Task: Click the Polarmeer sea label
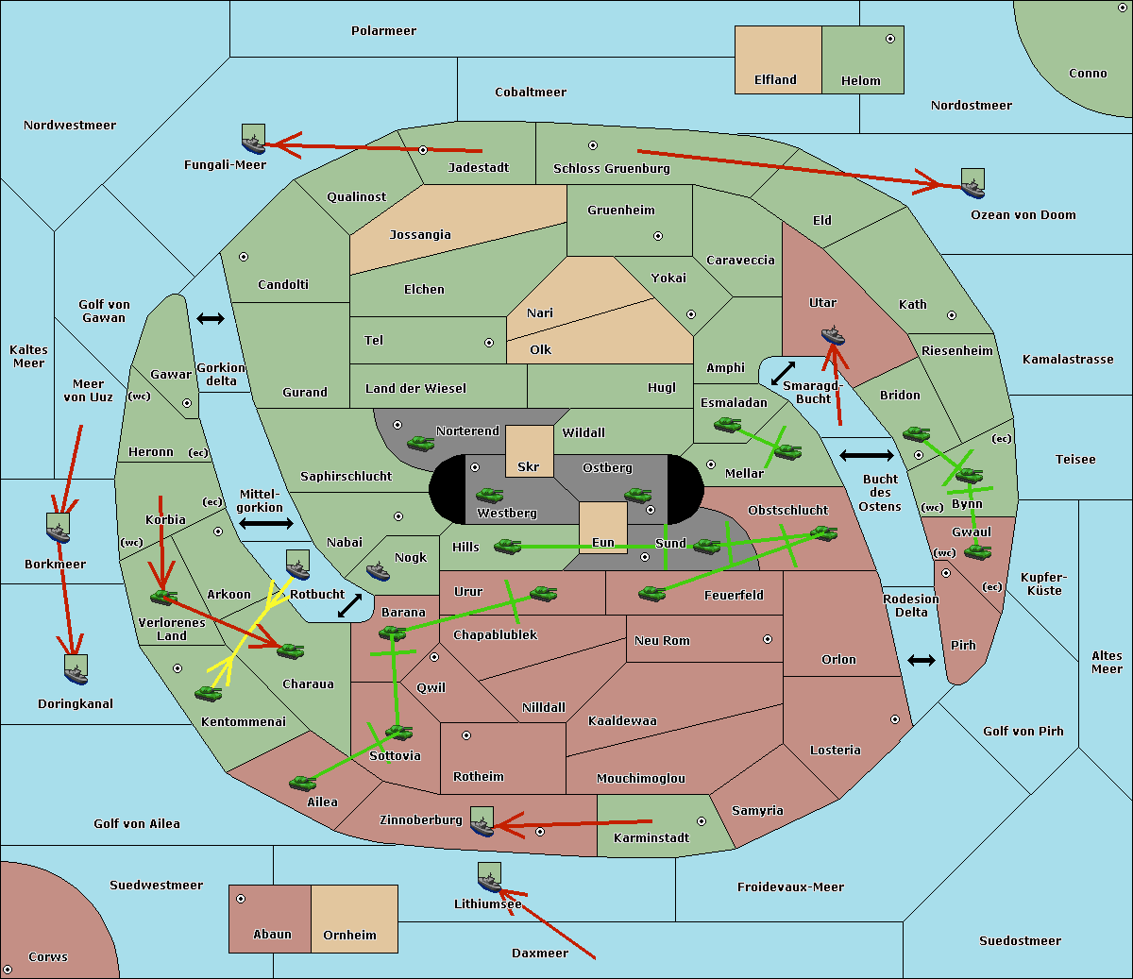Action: point(383,31)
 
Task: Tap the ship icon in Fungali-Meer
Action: point(253,139)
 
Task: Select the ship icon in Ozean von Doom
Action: point(972,184)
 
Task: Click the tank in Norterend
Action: point(420,443)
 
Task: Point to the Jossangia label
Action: point(420,235)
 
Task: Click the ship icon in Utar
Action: point(833,335)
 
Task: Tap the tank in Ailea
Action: point(302,783)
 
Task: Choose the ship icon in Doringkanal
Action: point(76,670)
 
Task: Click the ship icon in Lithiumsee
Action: point(489,878)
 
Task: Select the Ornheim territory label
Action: point(349,935)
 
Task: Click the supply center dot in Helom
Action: point(890,39)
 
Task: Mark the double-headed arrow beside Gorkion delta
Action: point(211,318)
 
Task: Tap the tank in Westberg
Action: point(489,495)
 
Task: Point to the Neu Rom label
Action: point(662,640)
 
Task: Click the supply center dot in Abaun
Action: point(241,899)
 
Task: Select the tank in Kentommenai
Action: point(209,693)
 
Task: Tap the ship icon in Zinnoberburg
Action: point(482,821)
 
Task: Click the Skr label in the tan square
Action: point(529,466)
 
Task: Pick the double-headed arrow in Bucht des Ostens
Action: point(867,455)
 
